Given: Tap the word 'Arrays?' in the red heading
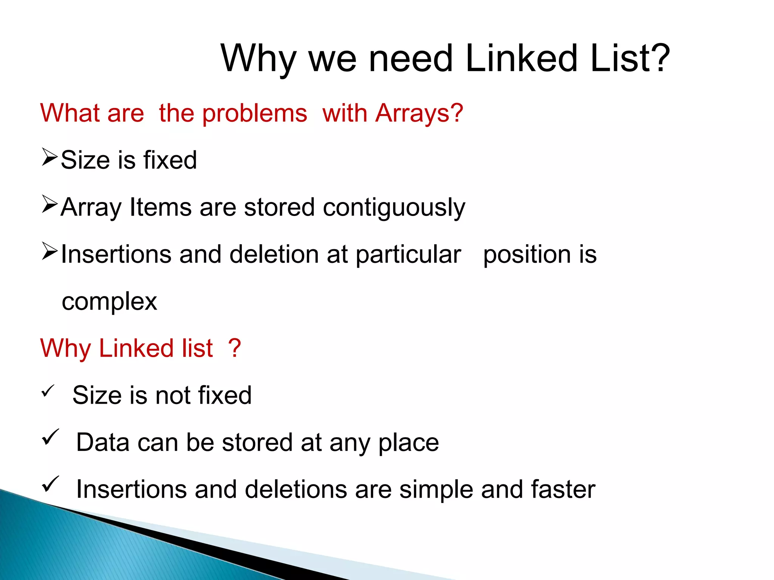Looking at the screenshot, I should click(419, 113).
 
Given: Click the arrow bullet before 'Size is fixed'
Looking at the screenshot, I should click(50, 157).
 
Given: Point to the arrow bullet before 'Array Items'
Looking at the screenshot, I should click(50, 205).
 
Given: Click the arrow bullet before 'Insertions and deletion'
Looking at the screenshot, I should click(50, 251).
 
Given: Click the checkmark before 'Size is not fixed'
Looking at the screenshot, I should click(48, 391).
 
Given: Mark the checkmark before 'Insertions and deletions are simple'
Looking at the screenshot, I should click(50, 484).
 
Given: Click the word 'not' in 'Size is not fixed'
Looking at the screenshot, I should click(173, 395).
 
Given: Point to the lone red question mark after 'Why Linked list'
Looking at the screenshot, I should click(234, 348).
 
